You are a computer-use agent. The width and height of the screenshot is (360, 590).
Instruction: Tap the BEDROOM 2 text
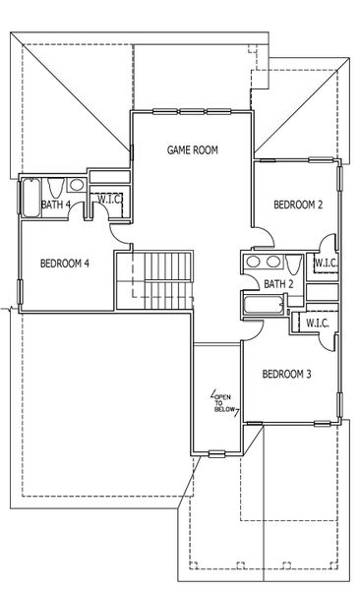tap(298, 205)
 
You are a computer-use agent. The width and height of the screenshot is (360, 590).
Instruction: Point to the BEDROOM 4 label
tap(65, 264)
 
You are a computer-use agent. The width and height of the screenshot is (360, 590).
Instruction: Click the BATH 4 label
tap(56, 205)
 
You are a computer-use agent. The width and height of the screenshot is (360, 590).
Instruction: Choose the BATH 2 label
tap(279, 284)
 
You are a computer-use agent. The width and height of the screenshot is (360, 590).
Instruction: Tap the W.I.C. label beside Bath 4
tap(107, 199)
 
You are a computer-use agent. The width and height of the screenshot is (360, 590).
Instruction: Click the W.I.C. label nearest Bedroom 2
tap(327, 263)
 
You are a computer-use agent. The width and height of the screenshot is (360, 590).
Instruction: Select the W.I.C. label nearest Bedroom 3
tap(317, 322)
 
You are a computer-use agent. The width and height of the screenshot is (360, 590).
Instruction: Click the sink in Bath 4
tap(77, 188)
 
